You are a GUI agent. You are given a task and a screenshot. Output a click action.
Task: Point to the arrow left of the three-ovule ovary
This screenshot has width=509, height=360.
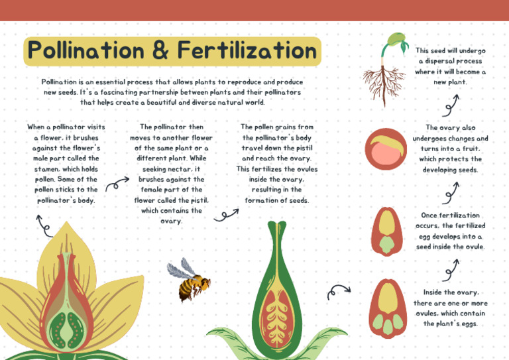(339, 290)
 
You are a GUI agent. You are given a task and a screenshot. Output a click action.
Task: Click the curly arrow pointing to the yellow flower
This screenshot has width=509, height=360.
(44, 225)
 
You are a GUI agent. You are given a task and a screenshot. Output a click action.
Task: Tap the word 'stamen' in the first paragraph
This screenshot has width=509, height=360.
(46, 168)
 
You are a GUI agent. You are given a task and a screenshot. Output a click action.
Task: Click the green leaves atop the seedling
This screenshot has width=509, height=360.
(396, 40)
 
